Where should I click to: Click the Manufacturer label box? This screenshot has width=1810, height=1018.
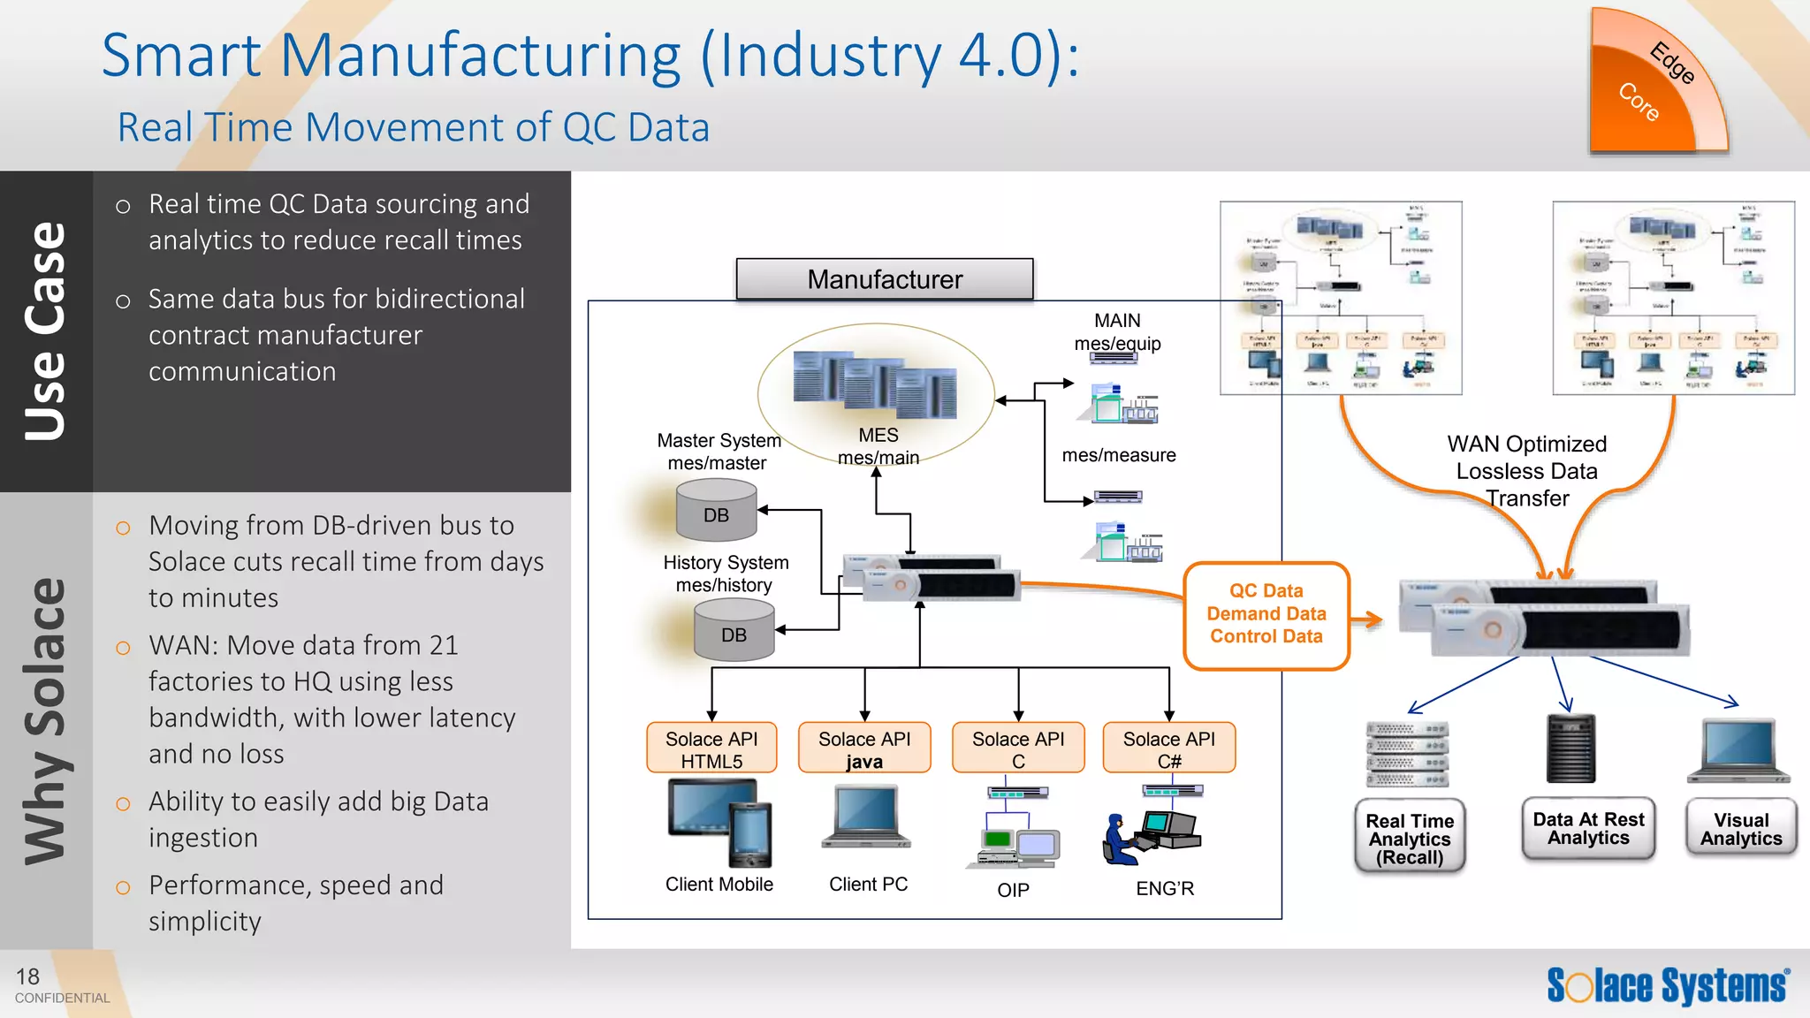click(x=885, y=279)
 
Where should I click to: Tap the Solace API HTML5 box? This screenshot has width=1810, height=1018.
click(x=711, y=748)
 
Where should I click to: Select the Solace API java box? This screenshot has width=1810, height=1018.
click(x=864, y=748)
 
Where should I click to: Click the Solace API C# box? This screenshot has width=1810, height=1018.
click(x=1168, y=748)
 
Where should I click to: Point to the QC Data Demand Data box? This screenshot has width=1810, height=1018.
click(x=1266, y=614)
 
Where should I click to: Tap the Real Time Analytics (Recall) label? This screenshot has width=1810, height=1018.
click(x=1410, y=838)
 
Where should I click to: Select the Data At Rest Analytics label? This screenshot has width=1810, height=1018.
click(x=1588, y=828)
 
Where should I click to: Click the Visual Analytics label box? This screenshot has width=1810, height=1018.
click(x=1741, y=829)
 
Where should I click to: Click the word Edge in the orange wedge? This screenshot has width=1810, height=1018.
click(x=1672, y=64)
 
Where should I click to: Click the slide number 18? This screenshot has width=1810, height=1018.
click(x=27, y=976)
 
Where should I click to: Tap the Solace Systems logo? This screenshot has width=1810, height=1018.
click(x=1668, y=985)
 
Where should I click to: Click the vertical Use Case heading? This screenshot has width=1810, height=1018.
click(x=46, y=330)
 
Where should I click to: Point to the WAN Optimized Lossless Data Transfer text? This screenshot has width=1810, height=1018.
click(x=1526, y=471)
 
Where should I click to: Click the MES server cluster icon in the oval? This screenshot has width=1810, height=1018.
click(x=874, y=386)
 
